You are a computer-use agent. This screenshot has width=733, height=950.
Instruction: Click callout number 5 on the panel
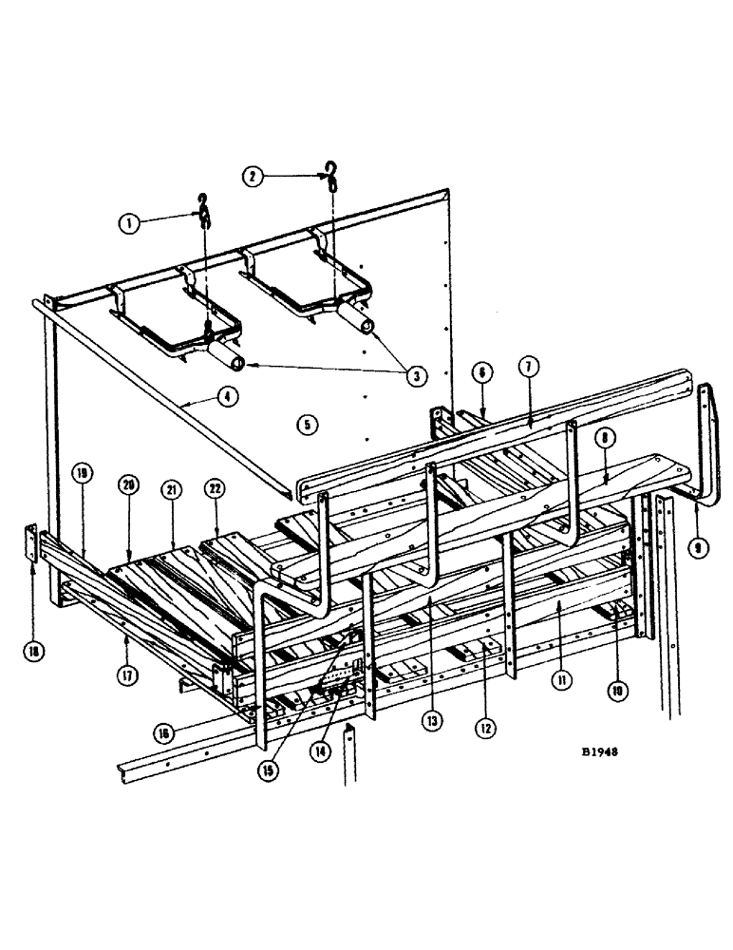pyautogui.click(x=306, y=425)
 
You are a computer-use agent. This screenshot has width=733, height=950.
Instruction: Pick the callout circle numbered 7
pyautogui.click(x=529, y=366)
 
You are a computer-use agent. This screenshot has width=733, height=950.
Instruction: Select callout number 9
pyautogui.click(x=700, y=548)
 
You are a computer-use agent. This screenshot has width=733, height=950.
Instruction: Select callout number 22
pyautogui.click(x=216, y=488)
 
